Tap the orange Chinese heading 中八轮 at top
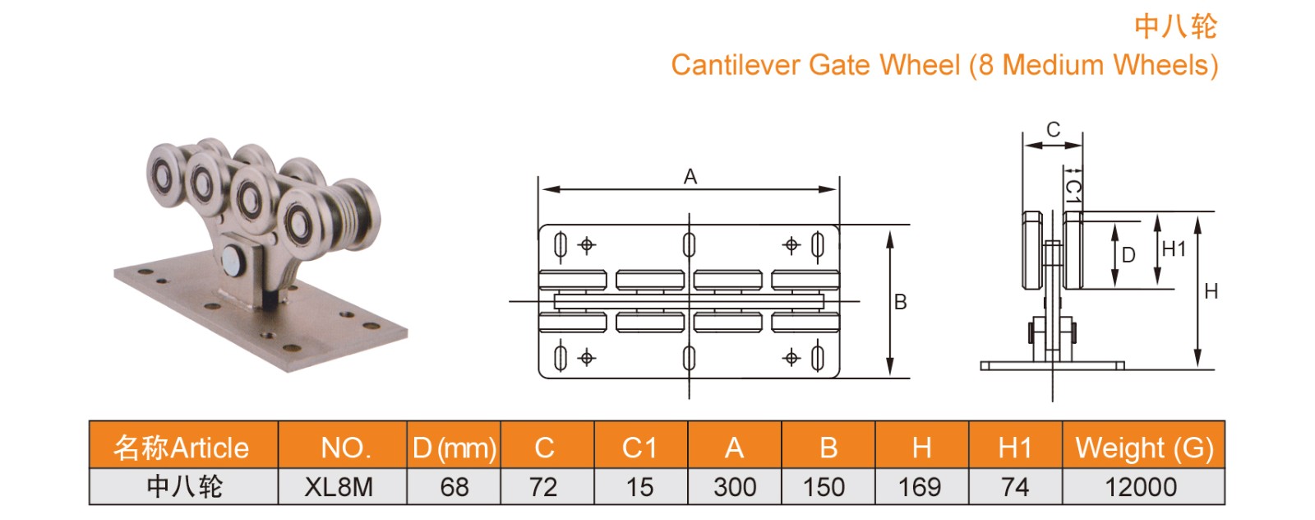[1174, 26]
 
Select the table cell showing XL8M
[339, 487]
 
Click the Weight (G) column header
[1143, 448]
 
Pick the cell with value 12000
[1141, 487]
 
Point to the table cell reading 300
[734, 487]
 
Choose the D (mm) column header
[454, 448]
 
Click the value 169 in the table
[920, 487]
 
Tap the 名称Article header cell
[182, 448]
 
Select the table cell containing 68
[454, 487]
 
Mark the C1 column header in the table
[639, 448]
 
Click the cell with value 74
[1014, 487]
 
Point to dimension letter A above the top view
[690, 176]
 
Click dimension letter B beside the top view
[901, 302]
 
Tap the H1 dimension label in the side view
[1174, 249]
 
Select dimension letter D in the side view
[1128, 255]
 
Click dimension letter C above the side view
[1053, 130]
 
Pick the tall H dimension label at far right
[1211, 291]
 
